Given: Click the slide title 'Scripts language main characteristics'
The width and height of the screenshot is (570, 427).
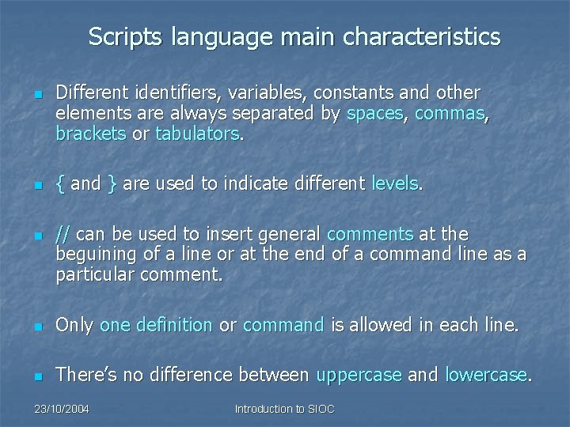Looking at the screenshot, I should coord(294,37).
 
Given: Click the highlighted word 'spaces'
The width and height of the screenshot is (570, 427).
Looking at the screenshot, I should coord(375,114).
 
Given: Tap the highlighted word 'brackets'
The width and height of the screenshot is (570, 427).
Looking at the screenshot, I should coord(90,134).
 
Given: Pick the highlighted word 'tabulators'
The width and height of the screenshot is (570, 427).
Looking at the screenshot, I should coord(197,134).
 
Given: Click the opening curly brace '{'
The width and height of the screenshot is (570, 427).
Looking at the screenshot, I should coord(61,184).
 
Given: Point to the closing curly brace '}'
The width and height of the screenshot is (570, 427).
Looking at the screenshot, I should coord(112,184).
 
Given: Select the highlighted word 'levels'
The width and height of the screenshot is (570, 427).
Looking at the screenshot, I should coord(395,184).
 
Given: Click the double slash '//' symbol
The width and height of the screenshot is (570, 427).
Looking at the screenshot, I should coord(62,234).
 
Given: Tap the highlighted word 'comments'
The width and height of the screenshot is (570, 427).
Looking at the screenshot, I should coord(370,234).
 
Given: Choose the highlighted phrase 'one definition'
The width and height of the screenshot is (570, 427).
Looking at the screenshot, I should coord(156,325).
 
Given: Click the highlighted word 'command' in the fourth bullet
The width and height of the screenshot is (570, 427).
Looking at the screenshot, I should coord(283,325).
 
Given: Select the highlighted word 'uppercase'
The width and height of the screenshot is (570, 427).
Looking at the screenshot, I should coord(359,375).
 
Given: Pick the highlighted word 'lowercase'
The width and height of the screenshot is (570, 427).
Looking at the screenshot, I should coord(485,375).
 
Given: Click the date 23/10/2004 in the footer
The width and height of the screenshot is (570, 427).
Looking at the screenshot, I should coord(62,409).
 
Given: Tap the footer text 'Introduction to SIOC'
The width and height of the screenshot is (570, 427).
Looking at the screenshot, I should coord(285,409).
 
